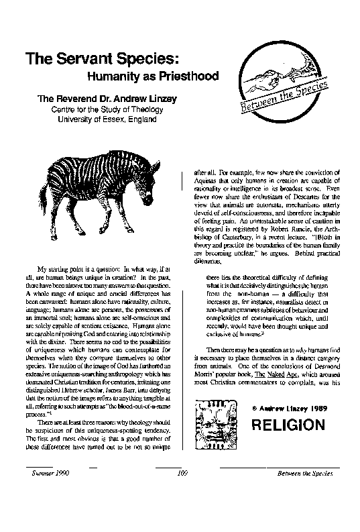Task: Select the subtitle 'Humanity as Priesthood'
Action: [x=150, y=76]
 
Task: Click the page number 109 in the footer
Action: [x=179, y=474]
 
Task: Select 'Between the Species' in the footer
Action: [x=304, y=474]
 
